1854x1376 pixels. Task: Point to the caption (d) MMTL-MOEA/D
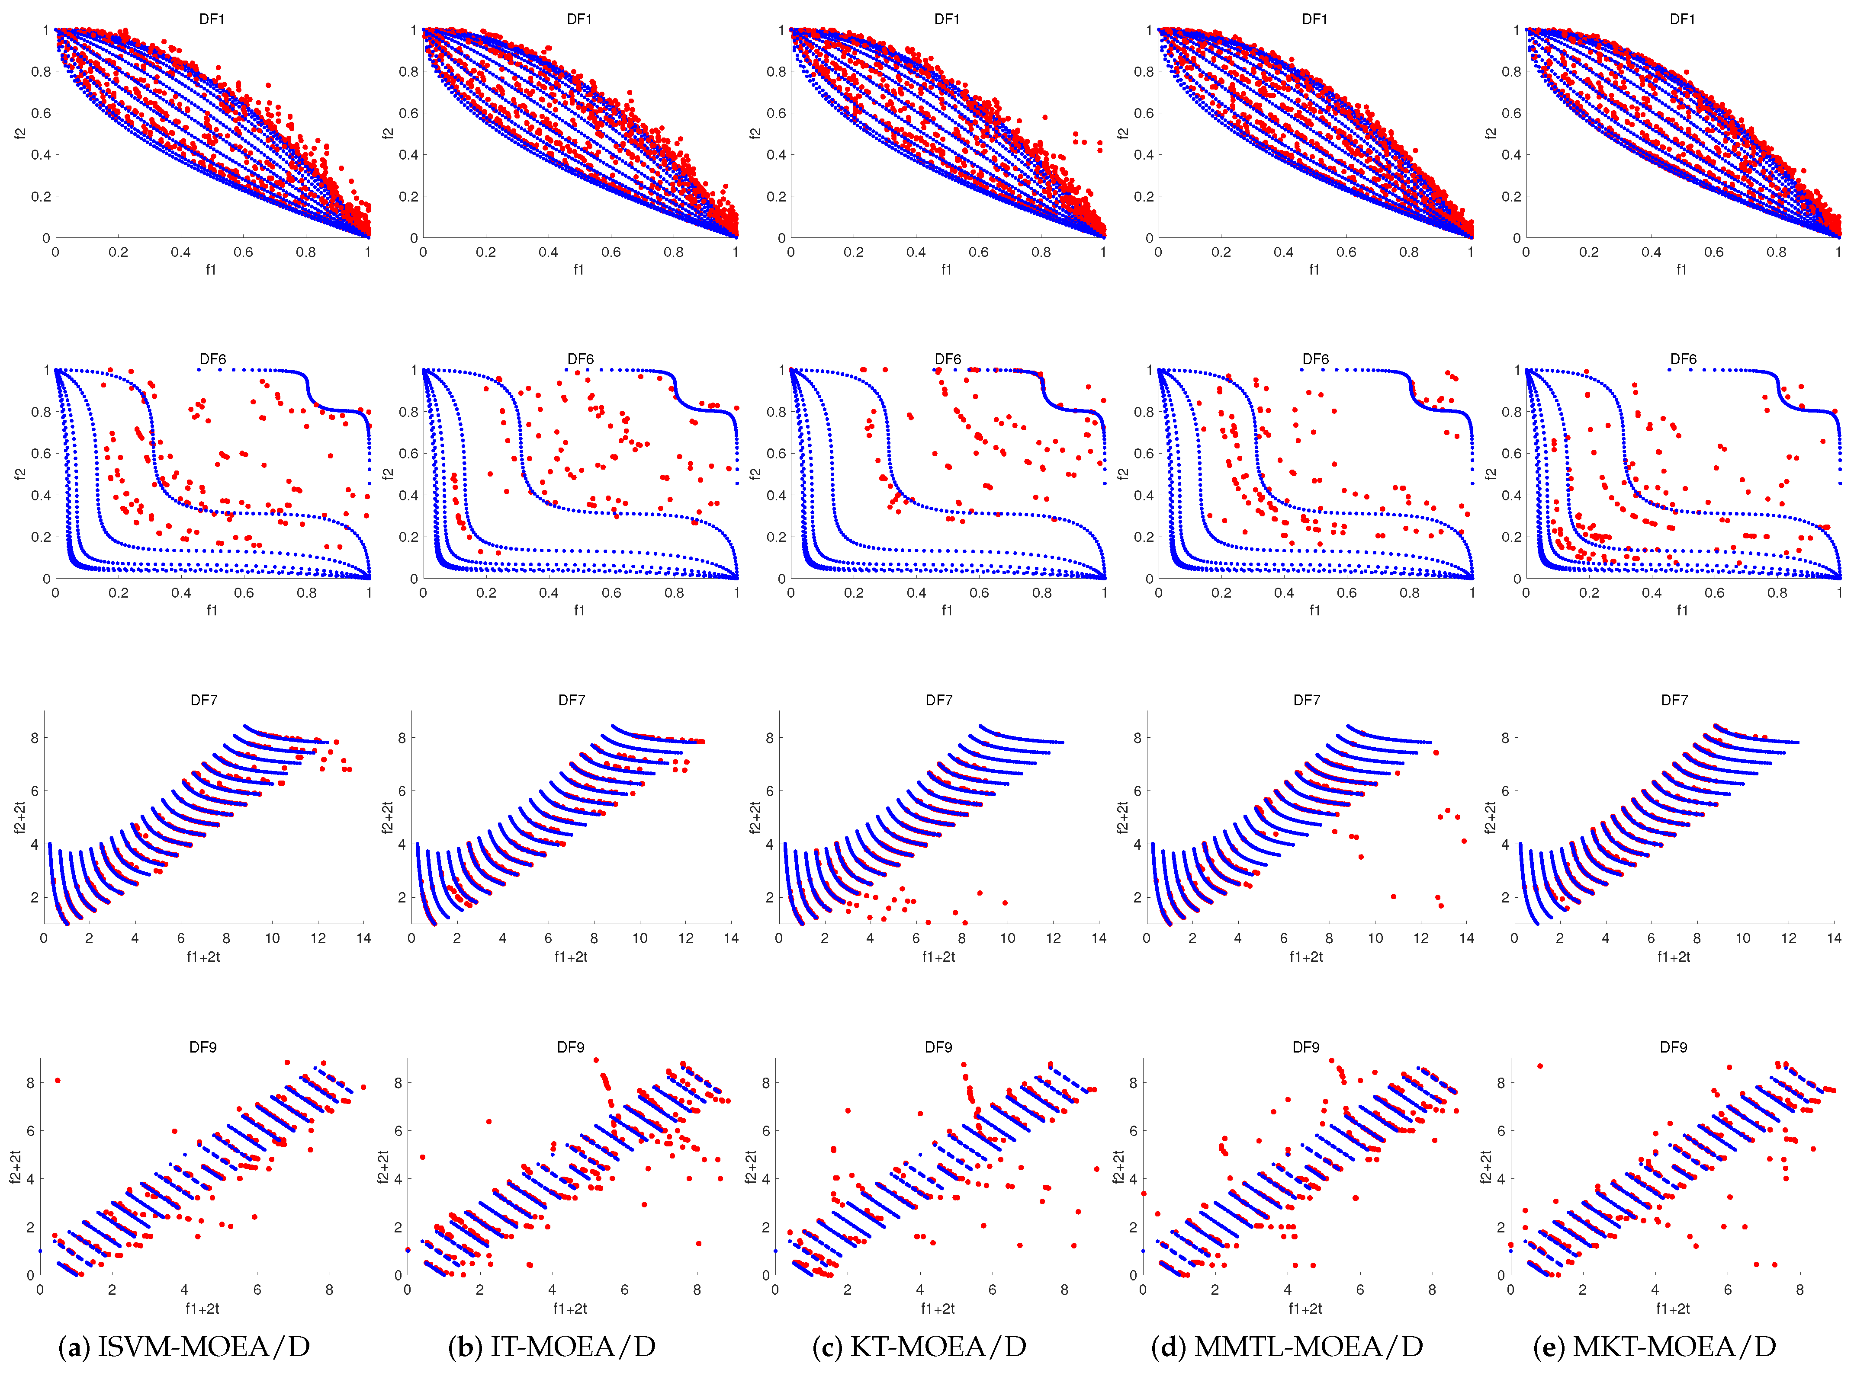click(1287, 1347)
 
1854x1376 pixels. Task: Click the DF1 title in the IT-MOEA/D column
click(579, 19)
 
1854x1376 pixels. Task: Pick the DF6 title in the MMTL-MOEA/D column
click(1315, 359)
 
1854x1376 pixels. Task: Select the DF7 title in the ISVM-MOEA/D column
click(204, 701)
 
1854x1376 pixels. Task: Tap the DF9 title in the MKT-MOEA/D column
click(1673, 1047)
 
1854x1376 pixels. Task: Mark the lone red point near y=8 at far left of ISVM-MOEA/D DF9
click(58, 1080)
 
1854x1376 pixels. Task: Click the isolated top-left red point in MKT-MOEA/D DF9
click(1540, 1066)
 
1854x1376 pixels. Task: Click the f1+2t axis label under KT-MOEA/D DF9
click(938, 1309)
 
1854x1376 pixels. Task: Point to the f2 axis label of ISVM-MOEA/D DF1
click(20, 133)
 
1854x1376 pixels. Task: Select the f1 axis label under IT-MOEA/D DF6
click(579, 611)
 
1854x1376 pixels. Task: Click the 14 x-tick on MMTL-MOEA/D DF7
click(1466, 938)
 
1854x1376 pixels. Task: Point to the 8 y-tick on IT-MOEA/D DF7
click(402, 738)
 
